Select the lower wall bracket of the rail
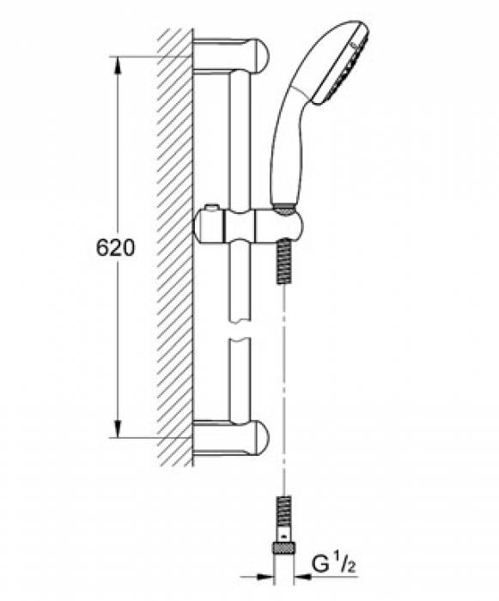[x=232, y=440]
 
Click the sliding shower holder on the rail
[x=249, y=228]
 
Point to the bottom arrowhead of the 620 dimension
[x=118, y=433]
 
